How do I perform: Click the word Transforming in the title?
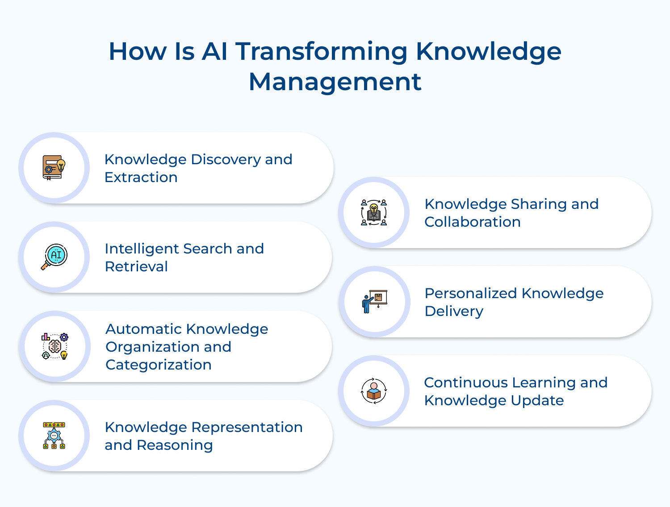pyautogui.click(x=322, y=51)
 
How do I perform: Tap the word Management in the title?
pyautogui.click(x=335, y=82)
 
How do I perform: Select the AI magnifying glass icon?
pyautogui.click(x=54, y=257)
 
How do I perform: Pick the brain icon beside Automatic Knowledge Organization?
pyautogui.click(x=54, y=346)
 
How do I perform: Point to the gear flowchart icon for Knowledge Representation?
pyautogui.click(x=54, y=436)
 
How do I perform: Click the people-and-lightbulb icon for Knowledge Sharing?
pyautogui.click(x=374, y=212)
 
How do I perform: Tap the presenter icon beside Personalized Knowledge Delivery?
pyautogui.click(x=374, y=302)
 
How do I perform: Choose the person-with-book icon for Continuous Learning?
pyautogui.click(x=374, y=391)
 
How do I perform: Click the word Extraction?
pyautogui.click(x=141, y=178)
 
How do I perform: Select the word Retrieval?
pyautogui.click(x=136, y=267)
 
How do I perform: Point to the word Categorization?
pyautogui.click(x=159, y=365)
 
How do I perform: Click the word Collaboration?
pyautogui.click(x=473, y=222)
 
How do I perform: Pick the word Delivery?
pyautogui.click(x=454, y=312)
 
